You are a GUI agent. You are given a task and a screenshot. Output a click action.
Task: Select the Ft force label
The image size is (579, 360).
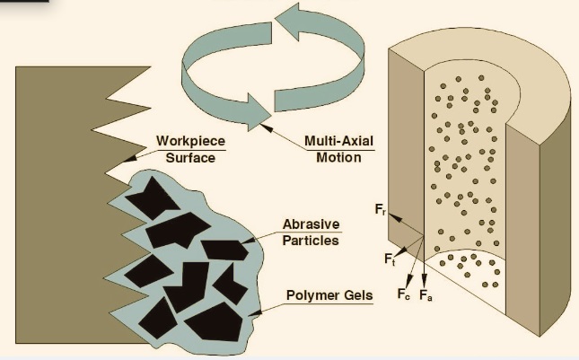pos(390,259)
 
